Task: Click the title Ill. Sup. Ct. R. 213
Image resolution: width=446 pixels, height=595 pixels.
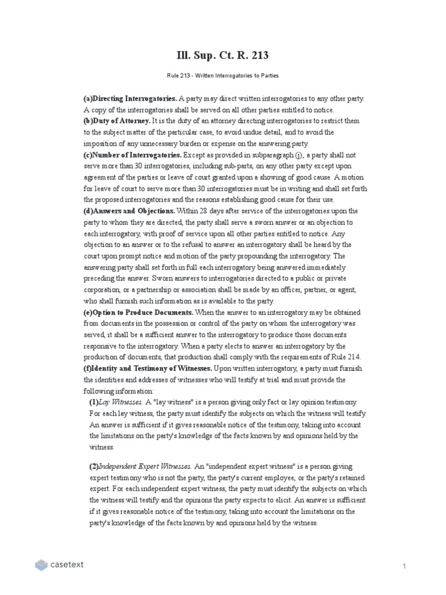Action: pos(222,56)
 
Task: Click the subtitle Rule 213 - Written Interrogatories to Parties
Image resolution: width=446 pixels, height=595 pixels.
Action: pos(222,76)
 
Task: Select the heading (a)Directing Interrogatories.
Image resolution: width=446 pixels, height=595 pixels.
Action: pos(130,99)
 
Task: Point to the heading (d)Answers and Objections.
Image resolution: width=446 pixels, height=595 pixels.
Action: pos(130,211)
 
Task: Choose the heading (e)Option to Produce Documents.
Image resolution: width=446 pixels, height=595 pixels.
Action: pos(139,313)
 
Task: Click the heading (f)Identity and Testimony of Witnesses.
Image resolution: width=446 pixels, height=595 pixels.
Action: pos(148,368)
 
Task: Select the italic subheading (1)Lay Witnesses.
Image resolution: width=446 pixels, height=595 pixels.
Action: pos(116,402)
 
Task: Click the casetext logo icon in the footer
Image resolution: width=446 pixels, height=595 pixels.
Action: pos(41,564)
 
